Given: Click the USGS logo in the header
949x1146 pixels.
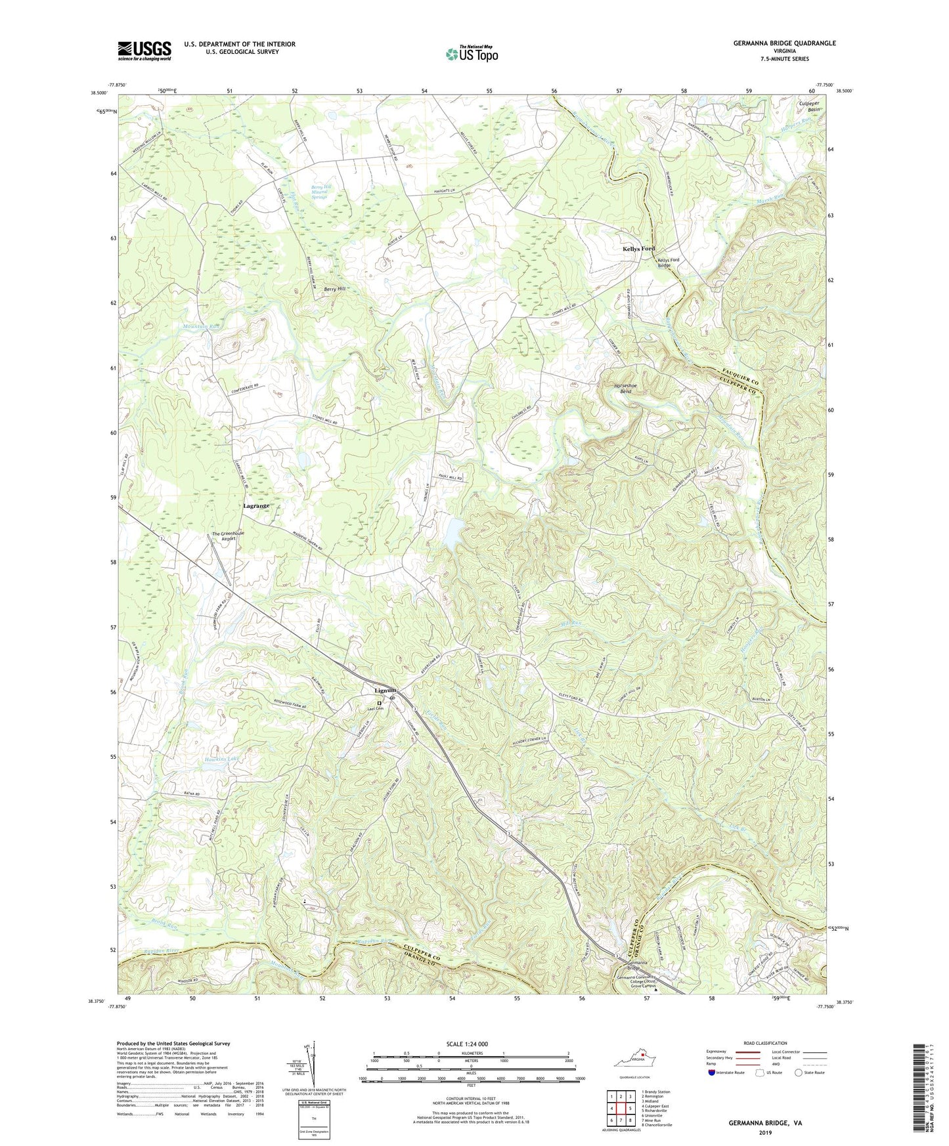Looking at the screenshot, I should [x=144, y=51].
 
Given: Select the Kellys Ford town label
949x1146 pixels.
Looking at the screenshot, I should [x=638, y=249].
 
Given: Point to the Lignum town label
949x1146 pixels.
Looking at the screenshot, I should [x=386, y=690].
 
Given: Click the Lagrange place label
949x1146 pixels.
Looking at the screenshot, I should [x=256, y=506].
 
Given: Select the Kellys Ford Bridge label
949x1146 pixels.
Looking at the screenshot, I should [x=669, y=263].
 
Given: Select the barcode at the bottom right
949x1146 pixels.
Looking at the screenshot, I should [x=919, y=1090].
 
